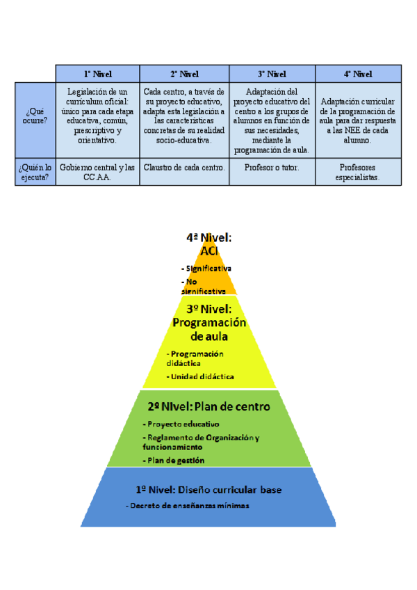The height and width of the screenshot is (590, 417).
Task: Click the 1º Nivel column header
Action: tap(97, 74)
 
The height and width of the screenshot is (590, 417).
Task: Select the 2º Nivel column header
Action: tap(184, 74)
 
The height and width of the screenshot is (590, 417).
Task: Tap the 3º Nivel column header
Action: tap(272, 74)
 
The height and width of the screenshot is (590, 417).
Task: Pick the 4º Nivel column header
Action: tap(358, 74)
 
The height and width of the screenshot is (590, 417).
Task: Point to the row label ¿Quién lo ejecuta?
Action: tap(35, 172)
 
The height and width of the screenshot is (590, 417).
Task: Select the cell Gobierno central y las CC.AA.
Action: tap(97, 172)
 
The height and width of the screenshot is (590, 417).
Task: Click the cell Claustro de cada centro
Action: tap(184, 168)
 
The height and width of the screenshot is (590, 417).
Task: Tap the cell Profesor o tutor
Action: tap(272, 168)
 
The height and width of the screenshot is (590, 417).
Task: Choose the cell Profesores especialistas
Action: tap(358, 172)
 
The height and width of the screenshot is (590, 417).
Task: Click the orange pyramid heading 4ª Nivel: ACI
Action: tap(208, 244)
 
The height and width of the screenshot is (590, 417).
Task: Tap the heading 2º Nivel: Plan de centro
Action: tap(208, 406)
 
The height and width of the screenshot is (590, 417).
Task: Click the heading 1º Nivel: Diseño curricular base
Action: tap(208, 490)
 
